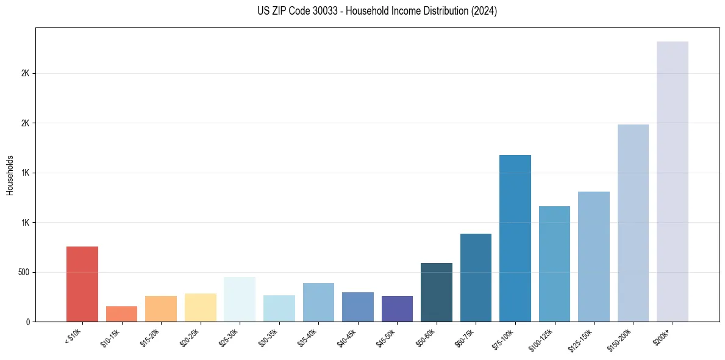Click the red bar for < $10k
coord(82,284)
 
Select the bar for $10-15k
coord(121,314)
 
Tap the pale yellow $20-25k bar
coord(200,308)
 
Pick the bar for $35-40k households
coord(318,302)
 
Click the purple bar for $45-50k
coord(397,309)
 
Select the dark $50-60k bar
coord(437,292)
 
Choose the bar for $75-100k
coord(515,238)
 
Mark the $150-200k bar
coord(633,223)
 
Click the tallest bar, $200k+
coord(673,181)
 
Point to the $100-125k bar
coord(554,264)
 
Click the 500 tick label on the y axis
coord(24,272)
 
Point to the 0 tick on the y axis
coord(28,322)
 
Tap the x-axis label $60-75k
coord(465,337)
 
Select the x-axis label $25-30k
coord(228,337)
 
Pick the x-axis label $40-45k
coord(346,337)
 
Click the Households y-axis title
coord(10,175)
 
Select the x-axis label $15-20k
coord(149,337)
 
